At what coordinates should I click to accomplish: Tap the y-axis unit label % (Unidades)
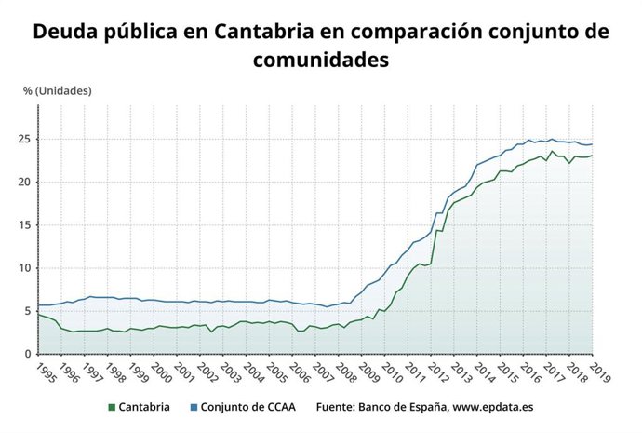(58, 90)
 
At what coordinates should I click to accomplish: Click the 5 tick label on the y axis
(29, 311)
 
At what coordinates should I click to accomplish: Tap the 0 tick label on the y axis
(29, 354)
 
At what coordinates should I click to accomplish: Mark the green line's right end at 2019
(593, 156)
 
